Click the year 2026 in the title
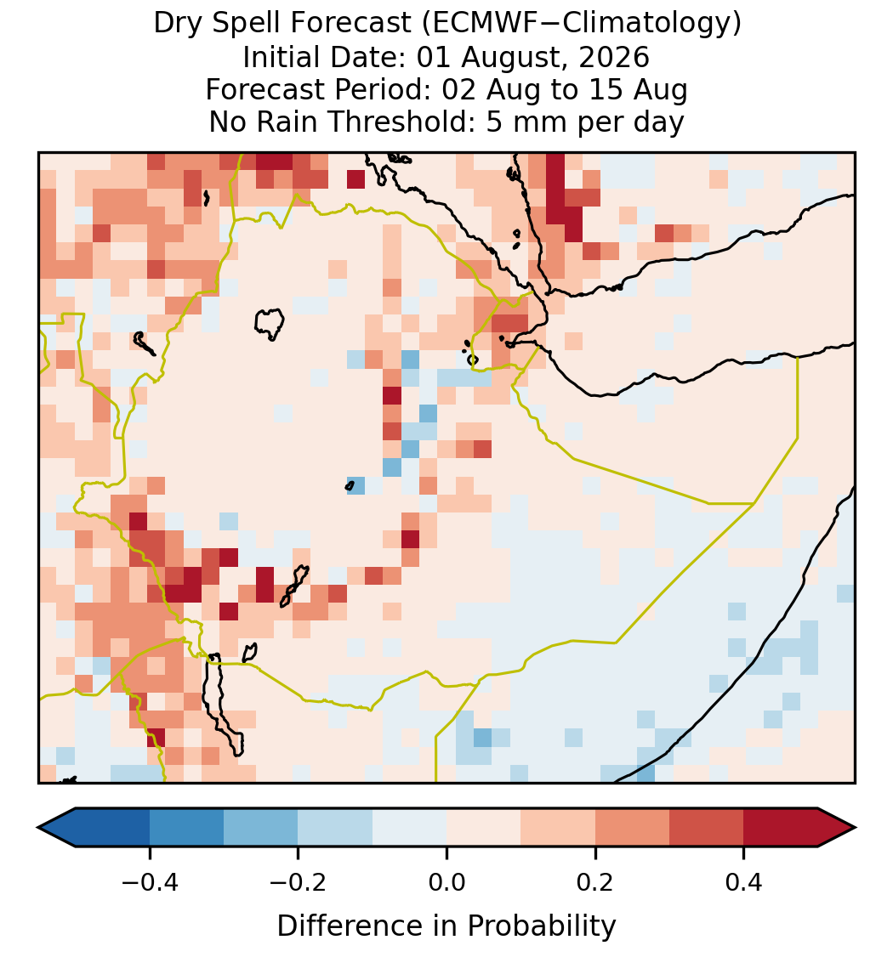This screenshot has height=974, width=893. tap(614, 57)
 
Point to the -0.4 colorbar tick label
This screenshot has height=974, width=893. tap(150, 882)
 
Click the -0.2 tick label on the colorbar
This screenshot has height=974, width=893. tap(299, 882)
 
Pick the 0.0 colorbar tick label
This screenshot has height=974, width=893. tap(446, 882)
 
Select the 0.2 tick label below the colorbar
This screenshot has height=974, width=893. tap(595, 882)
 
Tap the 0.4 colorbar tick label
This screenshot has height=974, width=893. tap(744, 882)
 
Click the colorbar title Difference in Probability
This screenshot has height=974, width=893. tap(446, 926)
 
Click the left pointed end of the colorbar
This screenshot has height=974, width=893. tap(39, 828)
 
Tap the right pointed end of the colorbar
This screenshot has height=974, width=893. tap(855, 828)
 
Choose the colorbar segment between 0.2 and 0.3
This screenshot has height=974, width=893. tap(632, 828)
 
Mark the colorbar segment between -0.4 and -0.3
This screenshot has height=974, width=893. tap(186, 828)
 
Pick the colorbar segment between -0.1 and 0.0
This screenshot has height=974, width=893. tap(410, 828)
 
